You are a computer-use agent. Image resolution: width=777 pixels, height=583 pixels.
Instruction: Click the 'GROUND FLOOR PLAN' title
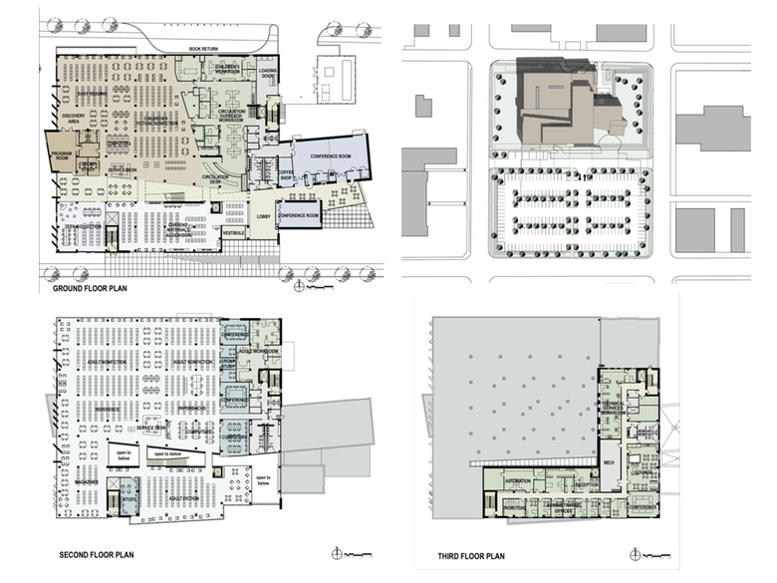(96, 288)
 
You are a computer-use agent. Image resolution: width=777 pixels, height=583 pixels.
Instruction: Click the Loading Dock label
(269, 75)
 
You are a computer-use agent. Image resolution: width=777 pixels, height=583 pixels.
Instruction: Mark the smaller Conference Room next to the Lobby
(299, 215)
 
